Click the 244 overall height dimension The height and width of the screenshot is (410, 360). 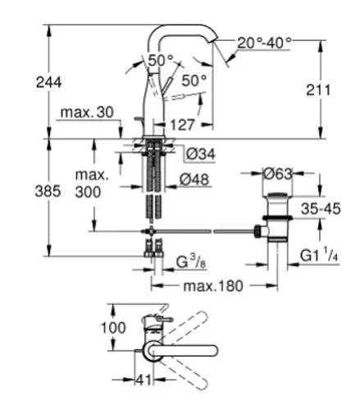tap(49, 82)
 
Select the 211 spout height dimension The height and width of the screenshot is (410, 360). tap(318, 90)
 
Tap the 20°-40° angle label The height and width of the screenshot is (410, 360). tap(264, 43)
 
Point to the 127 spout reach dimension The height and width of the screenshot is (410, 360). tap(182, 125)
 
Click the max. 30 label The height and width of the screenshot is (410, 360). tap(87, 112)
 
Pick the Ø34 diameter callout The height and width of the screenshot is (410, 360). tap(201, 153)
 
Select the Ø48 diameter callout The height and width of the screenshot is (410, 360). tap(194, 180)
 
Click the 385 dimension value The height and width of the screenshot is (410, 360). tap(48, 191)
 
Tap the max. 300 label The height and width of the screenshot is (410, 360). tap(91, 184)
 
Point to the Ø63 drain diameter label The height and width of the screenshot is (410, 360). tap(278, 174)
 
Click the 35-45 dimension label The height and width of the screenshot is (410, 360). tap(321, 209)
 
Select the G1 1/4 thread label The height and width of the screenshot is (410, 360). tap(319, 255)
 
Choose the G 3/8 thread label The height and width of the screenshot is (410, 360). tap(191, 261)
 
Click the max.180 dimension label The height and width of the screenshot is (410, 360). tap(213, 286)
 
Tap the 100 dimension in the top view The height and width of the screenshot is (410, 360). tap(113, 327)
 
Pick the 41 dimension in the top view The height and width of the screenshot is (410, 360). tap(144, 380)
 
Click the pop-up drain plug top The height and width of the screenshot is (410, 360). tap(277, 195)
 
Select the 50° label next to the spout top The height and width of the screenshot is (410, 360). tap(161, 61)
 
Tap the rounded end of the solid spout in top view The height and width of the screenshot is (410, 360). tap(215, 350)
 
